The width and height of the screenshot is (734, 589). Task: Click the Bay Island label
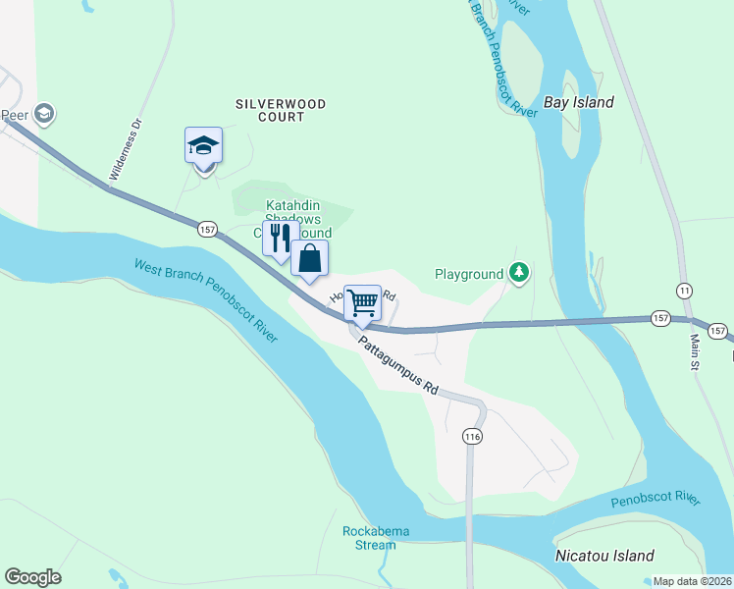(578, 102)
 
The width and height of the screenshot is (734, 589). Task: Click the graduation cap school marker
(203, 146)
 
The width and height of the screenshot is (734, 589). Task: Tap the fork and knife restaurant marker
(280, 239)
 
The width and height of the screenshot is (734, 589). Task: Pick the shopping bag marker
(309, 259)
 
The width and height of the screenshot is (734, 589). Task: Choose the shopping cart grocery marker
(362, 302)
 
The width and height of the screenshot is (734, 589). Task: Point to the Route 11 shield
(683, 291)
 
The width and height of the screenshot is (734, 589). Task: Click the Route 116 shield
(473, 435)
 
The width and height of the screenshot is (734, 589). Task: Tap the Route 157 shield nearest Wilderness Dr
(206, 229)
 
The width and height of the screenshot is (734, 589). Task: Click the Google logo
(32, 577)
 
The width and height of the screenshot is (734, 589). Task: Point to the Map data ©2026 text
(691, 581)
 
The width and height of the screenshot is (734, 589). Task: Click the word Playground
(468, 275)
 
